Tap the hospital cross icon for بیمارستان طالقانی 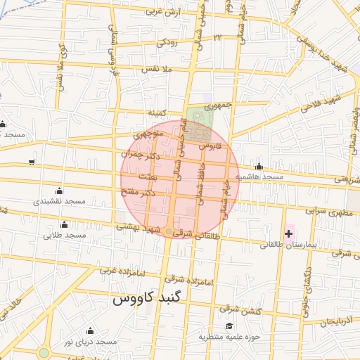point(288,233)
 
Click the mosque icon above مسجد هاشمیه point(259,167)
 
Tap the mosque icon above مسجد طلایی point(65,224)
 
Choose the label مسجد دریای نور point(88,342)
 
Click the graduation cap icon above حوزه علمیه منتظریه point(229,326)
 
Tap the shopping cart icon point(32,162)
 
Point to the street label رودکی point(167,42)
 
